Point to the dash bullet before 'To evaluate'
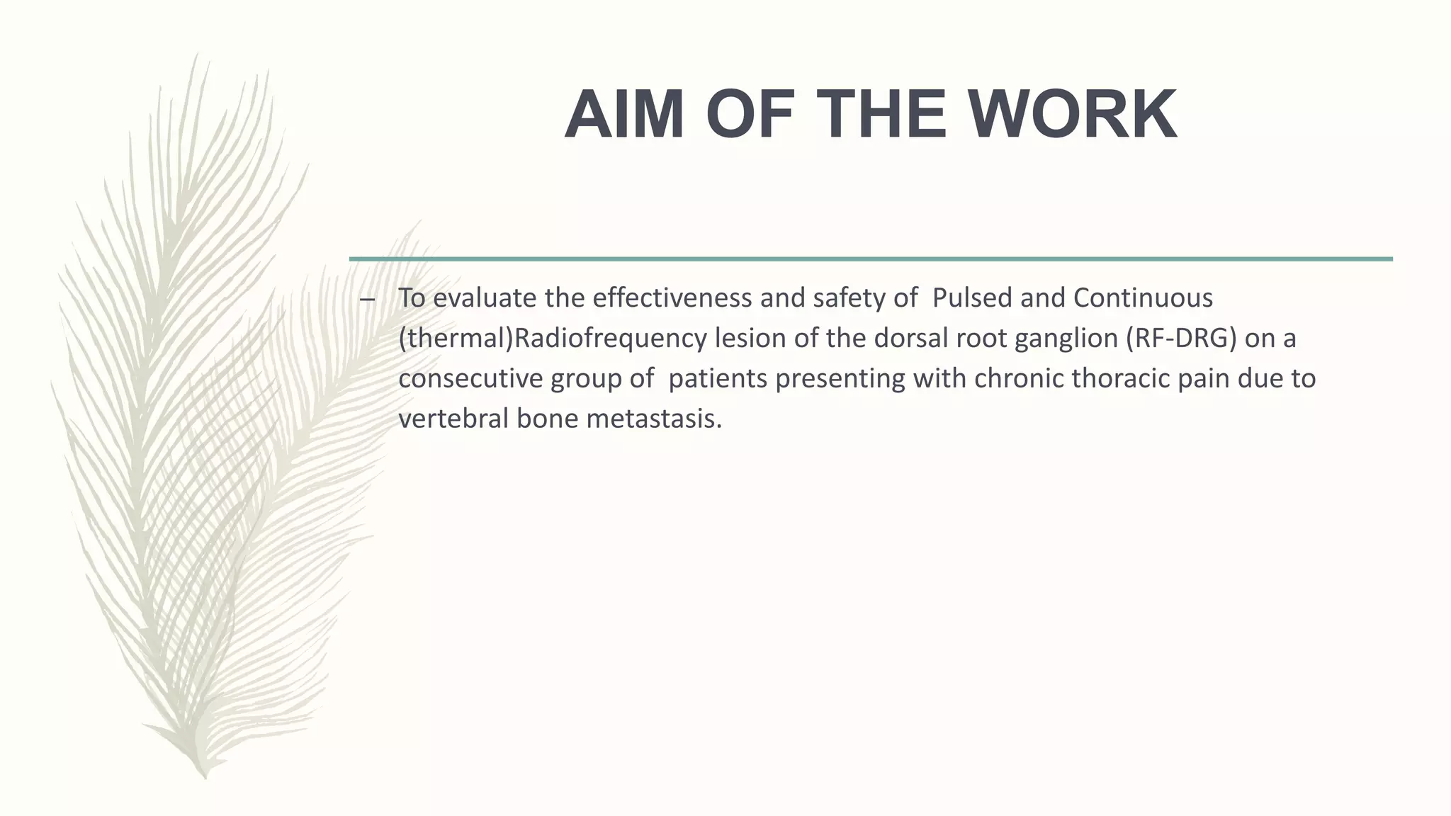point(367,300)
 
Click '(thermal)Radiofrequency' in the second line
point(553,339)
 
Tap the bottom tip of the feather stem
point(205,778)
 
